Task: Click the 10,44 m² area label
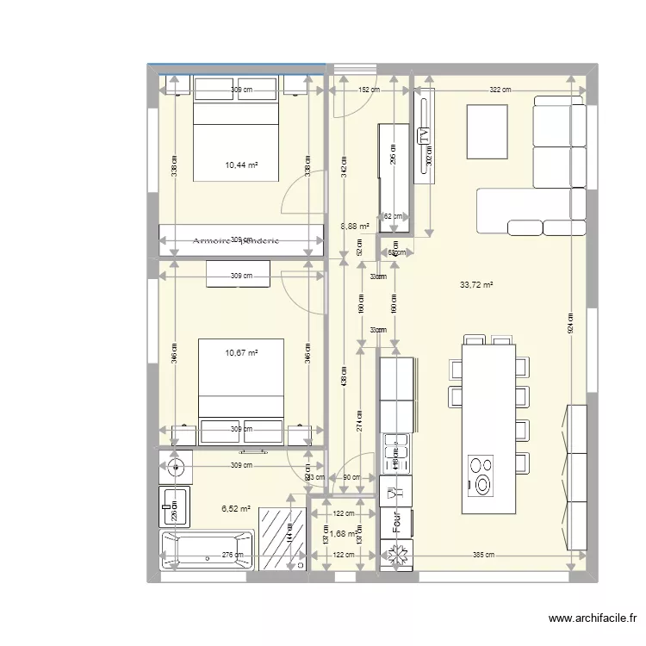coord(242,165)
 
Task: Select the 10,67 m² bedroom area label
coord(242,352)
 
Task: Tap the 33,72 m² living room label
coord(476,285)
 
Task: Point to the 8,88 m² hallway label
coord(355,227)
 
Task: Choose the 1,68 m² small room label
coord(343,534)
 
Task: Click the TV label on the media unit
coord(423,135)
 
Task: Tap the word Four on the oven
coord(397,524)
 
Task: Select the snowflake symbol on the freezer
coord(396,557)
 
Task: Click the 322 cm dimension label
coord(500,90)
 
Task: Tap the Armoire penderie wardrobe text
coord(235,241)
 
